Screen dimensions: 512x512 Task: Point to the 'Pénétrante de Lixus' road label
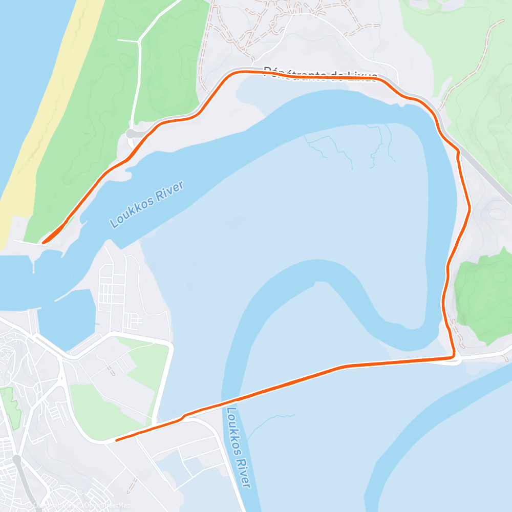[321, 75]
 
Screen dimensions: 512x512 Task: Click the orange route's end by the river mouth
[44, 242]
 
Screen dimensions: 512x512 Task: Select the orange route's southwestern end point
[117, 440]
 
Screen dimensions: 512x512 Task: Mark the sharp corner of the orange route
[454, 356]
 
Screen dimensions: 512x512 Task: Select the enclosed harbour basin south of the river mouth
[67, 317]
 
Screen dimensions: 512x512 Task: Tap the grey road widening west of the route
[134, 134]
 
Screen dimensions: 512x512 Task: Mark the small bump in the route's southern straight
[183, 417]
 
